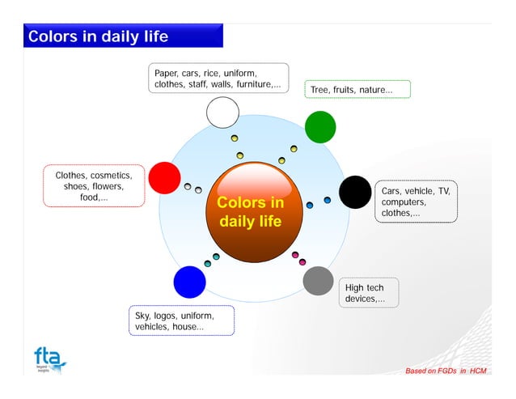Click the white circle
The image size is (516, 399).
222,112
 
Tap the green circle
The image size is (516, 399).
320,127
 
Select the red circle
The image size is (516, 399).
164,178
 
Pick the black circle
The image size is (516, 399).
354,192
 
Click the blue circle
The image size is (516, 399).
190,282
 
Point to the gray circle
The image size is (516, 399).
318,281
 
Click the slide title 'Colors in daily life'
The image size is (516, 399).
98,36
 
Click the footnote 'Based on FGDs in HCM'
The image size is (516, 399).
446,371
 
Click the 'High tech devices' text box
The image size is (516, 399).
365,293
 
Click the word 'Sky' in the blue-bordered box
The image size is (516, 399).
143,315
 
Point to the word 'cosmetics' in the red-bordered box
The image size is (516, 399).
111,175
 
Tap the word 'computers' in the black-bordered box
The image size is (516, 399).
404,202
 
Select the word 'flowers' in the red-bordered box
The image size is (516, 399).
106,186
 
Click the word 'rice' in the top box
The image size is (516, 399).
219,74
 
